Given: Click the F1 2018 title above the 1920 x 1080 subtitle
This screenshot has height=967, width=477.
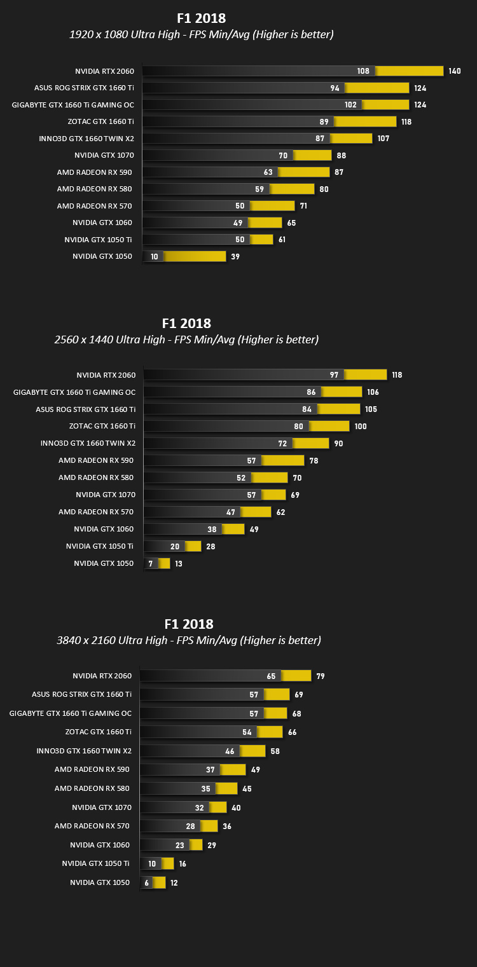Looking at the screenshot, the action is [201, 18].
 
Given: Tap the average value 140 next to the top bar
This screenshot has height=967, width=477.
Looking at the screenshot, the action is [455, 71].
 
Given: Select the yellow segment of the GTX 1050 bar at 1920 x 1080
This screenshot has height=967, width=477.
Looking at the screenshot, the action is [194, 256].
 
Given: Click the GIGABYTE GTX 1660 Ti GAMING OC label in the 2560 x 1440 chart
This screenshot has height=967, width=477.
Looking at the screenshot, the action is [74, 392].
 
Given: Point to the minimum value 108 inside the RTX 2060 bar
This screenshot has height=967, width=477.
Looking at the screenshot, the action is [363, 71].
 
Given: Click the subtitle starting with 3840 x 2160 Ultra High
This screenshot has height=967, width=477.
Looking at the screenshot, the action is [189, 640].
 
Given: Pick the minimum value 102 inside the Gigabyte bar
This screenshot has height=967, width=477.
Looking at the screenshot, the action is [350, 104].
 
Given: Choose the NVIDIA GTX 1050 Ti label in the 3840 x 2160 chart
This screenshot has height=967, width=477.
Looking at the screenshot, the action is [95, 863].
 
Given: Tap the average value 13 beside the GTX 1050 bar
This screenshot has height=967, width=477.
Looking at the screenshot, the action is [179, 563].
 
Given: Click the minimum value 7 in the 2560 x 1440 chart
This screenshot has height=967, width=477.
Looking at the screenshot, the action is [151, 563].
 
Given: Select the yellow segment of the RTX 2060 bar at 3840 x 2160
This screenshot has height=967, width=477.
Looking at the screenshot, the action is [296, 676].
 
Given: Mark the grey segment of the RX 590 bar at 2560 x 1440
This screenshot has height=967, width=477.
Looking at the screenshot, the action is [202, 460].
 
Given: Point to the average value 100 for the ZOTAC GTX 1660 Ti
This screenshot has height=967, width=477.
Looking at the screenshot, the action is [361, 426].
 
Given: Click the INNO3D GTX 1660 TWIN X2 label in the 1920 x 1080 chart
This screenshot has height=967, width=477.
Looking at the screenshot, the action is [86, 139].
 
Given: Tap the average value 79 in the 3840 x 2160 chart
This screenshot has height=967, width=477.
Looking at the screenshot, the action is [321, 676].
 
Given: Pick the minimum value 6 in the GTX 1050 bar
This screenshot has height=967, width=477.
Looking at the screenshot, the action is [147, 883].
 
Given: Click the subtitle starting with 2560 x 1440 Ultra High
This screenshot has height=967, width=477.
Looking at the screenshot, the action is [186, 339].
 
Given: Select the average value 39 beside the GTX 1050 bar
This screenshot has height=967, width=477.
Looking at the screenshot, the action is [235, 256].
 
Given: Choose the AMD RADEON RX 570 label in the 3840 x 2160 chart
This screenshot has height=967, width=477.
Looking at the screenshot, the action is [92, 826].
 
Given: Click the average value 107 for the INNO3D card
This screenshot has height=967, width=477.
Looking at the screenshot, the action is [384, 138].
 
